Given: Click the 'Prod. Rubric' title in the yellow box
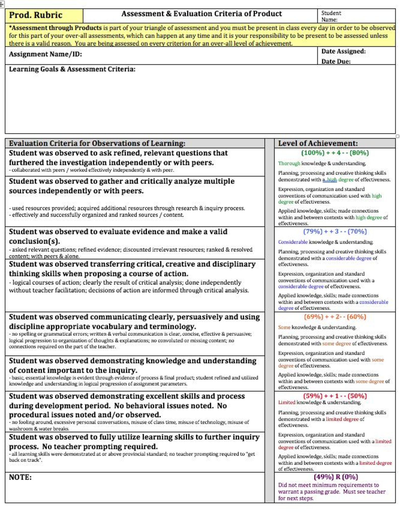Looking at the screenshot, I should (36, 15).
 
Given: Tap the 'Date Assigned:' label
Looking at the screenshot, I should (343, 51).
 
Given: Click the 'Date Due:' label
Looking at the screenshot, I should (336, 62).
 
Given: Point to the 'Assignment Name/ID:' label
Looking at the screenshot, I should (45, 54).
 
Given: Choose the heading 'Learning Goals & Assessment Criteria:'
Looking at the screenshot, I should (72, 69).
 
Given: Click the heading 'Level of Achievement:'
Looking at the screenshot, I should (318, 143).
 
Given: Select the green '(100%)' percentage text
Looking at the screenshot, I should (313, 153).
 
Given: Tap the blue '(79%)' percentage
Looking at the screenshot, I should (313, 232).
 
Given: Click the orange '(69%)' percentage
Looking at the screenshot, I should (313, 317).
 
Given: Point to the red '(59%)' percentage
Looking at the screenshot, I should (313, 396).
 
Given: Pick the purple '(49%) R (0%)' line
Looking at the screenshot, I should (336, 477).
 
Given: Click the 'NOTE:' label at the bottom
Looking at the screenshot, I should (20, 477).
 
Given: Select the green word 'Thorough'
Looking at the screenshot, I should (289, 163).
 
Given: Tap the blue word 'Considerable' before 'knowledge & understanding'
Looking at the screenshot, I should (292, 242).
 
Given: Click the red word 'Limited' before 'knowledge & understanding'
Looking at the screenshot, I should (286, 402).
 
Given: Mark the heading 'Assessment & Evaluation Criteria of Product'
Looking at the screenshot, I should (201, 14).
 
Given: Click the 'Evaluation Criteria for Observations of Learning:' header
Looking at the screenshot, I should (97, 143).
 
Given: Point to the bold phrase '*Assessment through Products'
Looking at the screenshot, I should (55, 28).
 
